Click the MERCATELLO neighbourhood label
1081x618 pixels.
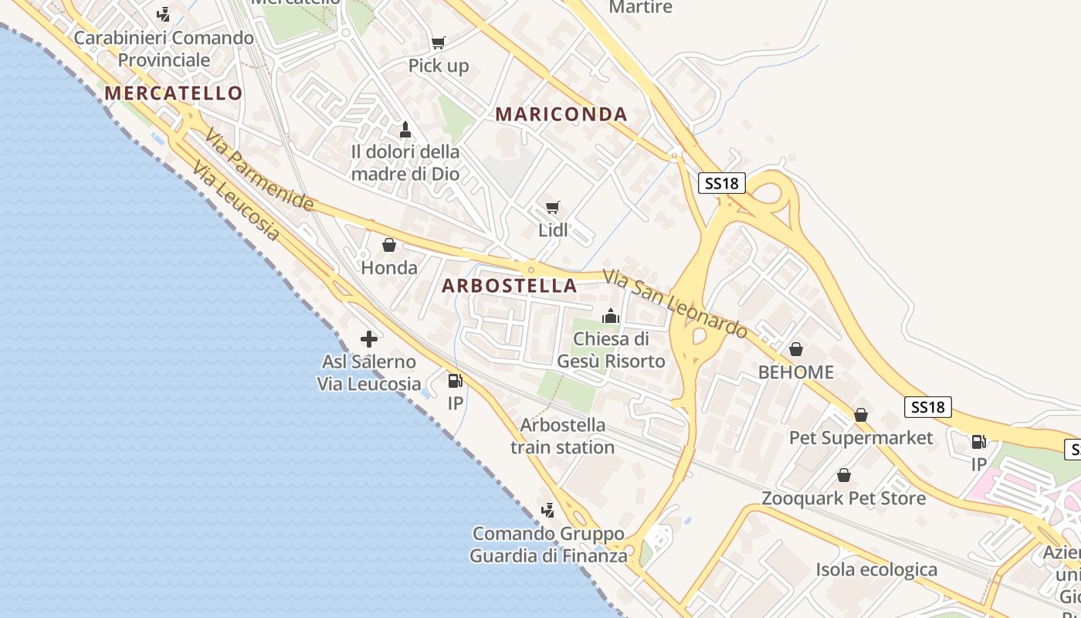click(174, 93)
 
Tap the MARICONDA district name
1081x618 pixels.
click(561, 114)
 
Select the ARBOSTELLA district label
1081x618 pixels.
click(510, 286)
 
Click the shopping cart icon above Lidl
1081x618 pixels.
click(552, 208)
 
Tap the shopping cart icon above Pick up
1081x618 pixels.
click(439, 43)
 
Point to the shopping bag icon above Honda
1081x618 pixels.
click(389, 245)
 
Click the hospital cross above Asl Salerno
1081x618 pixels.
click(369, 338)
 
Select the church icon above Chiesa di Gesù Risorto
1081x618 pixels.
click(611, 316)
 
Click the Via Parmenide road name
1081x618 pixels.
click(259, 170)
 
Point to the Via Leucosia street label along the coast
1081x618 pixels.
click(236, 201)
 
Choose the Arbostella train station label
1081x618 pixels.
click(563, 436)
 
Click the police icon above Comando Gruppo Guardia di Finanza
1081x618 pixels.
click(547, 510)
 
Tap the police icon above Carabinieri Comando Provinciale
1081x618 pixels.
click(163, 14)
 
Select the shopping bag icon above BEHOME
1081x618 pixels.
click(796, 349)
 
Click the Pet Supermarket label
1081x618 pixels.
click(861, 438)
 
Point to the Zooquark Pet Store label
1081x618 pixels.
click(844, 498)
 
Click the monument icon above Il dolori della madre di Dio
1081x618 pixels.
click(405, 128)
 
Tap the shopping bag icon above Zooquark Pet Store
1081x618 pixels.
click(844, 475)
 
